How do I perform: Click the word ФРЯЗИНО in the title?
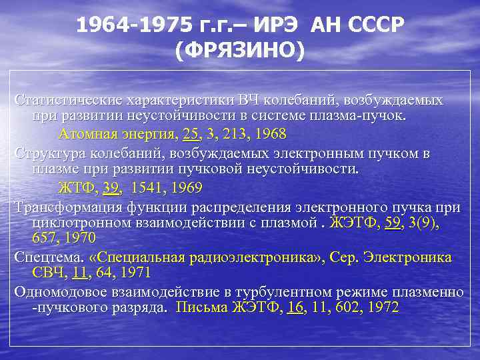[240, 51]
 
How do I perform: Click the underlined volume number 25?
[190, 134]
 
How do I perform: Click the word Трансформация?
[64, 205]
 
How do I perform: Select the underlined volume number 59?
[393, 222]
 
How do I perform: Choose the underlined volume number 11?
[80, 273]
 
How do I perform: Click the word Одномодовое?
[60, 291]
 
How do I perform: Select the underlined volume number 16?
[295, 307]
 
